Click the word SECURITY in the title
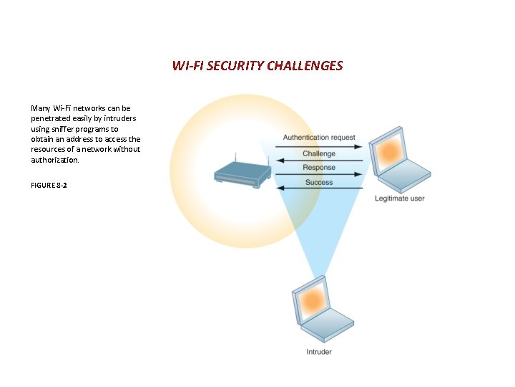coord(232,66)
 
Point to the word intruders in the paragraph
coord(119,118)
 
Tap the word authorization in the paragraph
coord(53,160)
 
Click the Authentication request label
coord(318,138)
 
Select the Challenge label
coord(318,154)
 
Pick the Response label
coord(318,168)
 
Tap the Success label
coord(318,183)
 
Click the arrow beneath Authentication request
coord(318,145)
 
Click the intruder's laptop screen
coord(313,300)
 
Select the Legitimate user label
coord(399,199)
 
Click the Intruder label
coord(319,352)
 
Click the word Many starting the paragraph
coord(40,108)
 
